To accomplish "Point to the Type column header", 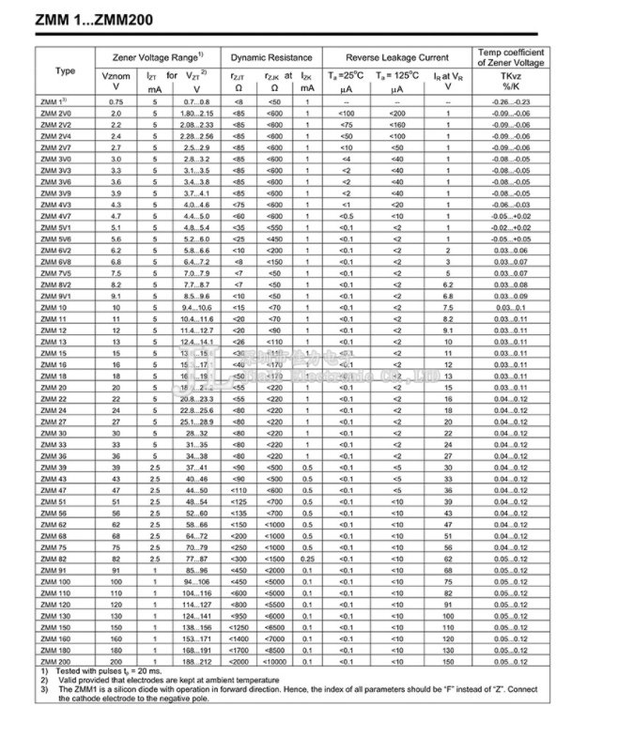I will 66,71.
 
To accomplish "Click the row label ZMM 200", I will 56,664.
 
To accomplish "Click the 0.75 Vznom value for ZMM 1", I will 116,100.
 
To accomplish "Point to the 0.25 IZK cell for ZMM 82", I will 307,558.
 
